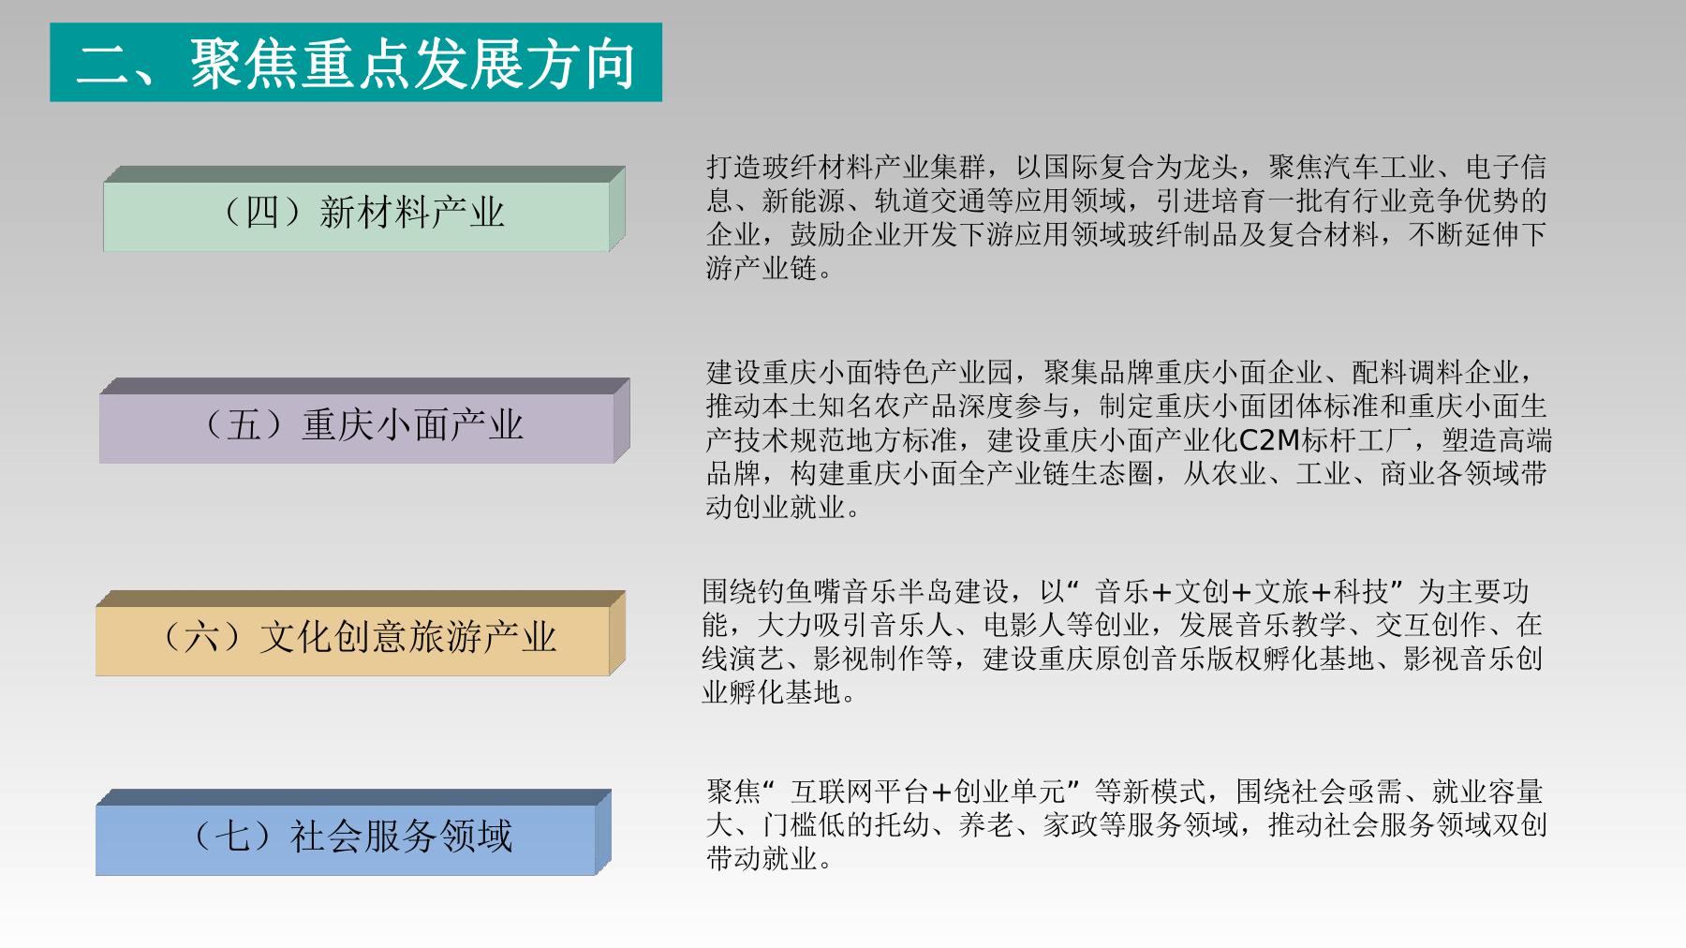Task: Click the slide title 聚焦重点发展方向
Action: [412, 64]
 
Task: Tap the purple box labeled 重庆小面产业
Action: [364, 421]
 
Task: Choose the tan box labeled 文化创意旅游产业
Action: [361, 633]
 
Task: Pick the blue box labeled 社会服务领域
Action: [353, 833]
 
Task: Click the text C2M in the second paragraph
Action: [1270, 440]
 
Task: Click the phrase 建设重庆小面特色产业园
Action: [860, 373]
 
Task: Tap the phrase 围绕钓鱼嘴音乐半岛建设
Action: [856, 592]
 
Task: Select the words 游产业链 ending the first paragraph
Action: [762, 269]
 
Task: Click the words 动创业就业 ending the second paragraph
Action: [776, 508]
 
